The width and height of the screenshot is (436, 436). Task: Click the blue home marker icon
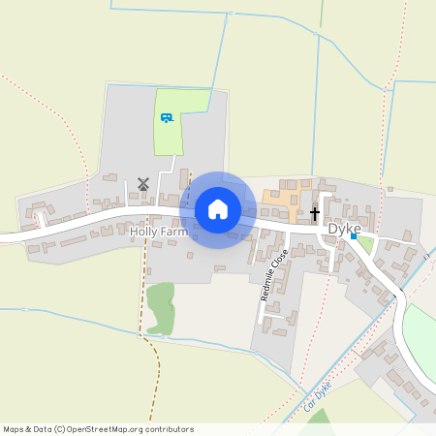(x=218, y=208)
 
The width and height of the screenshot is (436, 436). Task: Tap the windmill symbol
(x=142, y=182)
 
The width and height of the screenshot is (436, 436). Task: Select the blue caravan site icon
(x=167, y=117)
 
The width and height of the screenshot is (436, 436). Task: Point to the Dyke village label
(x=344, y=228)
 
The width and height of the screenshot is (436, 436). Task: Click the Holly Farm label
(x=158, y=233)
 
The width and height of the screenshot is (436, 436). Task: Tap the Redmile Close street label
(x=274, y=274)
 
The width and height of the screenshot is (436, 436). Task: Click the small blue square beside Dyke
(x=355, y=236)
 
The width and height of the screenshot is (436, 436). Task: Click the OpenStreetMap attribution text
(x=98, y=429)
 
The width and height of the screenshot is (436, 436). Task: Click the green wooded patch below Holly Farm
(x=160, y=306)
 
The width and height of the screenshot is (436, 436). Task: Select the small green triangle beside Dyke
(x=364, y=244)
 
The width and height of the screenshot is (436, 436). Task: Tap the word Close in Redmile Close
(x=281, y=260)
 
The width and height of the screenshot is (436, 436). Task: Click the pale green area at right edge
(x=421, y=334)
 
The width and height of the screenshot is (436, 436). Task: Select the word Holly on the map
(x=143, y=233)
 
